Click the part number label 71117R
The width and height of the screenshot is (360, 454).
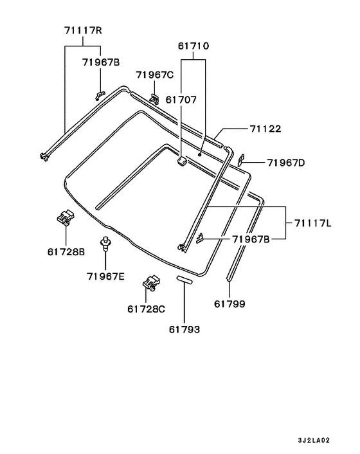click(83, 30)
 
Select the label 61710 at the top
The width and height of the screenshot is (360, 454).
click(194, 46)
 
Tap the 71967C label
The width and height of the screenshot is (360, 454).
click(155, 75)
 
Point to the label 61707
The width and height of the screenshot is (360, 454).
click(181, 100)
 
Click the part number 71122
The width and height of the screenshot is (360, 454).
click(265, 129)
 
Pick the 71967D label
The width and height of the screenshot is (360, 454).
click(286, 163)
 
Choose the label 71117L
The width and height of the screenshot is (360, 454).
click(313, 223)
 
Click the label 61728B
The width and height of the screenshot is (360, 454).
click(66, 252)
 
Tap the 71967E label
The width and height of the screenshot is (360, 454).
click(105, 277)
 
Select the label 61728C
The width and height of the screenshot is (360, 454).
click(146, 309)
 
